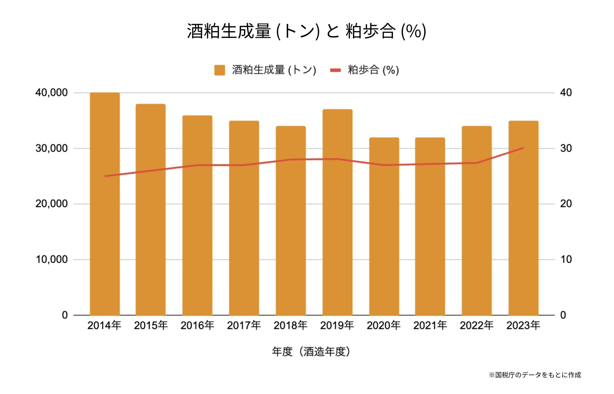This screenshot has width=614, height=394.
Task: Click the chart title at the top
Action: coord(306,31)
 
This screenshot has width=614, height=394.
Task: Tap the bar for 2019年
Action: coord(337,212)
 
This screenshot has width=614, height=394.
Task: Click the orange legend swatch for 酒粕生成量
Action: coord(219,70)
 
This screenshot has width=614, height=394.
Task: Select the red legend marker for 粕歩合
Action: coord(335,70)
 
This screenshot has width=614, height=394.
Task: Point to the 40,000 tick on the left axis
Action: coord(52,93)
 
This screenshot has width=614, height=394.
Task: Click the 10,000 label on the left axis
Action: coord(52,259)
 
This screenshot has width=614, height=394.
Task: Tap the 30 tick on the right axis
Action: coord(566,148)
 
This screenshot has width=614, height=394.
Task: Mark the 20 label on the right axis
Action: coord(566,204)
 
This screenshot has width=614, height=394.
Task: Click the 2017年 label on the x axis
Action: coord(244,325)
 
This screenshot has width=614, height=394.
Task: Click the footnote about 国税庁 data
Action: coord(535,375)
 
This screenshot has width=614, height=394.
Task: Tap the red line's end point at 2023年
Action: coord(523,148)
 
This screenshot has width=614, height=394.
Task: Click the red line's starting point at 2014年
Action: coord(105,176)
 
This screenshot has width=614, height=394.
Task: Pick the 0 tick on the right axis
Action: coord(563,315)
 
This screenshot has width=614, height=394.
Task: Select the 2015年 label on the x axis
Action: coord(151,325)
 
